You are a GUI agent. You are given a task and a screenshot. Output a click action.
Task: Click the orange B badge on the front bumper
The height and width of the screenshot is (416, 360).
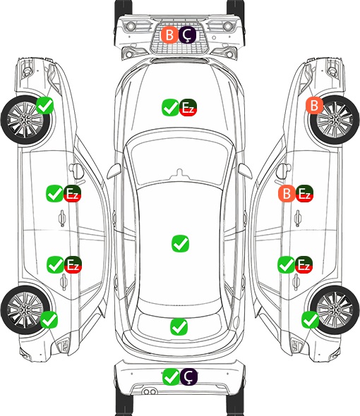(169, 35)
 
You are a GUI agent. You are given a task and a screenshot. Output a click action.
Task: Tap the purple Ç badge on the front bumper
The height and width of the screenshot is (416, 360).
(187, 35)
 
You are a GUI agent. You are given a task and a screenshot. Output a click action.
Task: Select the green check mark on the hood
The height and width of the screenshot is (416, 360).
(170, 107)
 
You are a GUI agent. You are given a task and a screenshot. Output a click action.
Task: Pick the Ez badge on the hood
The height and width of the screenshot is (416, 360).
(188, 107)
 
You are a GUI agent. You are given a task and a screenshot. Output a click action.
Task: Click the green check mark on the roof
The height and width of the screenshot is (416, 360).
(181, 243)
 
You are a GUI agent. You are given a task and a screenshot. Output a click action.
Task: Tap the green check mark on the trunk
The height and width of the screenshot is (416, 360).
(179, 326)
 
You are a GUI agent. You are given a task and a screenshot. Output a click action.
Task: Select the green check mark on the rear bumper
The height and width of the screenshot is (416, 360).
(171, 377)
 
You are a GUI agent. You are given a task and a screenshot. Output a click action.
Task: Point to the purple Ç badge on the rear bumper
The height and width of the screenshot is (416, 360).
(189, 377)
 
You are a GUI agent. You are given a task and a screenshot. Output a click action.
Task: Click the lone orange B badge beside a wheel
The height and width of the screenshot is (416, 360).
(314, 106)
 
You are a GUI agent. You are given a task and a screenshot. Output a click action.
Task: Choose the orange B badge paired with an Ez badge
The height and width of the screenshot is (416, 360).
(287, 194)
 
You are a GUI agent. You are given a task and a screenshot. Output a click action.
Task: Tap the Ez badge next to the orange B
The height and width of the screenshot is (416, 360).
(304, 194)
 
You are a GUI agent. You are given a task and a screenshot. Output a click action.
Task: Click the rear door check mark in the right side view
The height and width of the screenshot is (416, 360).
(286, 265)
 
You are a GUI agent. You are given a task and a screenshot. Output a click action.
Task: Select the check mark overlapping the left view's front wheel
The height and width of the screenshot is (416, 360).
(45, 106)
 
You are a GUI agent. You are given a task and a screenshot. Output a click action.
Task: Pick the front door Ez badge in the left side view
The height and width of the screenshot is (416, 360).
(72, 194)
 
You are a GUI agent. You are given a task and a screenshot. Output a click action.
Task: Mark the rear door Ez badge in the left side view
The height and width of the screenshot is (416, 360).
(73, 265)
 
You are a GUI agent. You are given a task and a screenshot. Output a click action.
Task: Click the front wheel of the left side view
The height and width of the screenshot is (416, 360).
(26, 120)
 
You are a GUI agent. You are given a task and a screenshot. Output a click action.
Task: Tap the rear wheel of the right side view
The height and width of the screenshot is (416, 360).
(335, 310)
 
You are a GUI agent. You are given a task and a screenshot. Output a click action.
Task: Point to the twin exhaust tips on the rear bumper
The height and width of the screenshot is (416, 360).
(150, 391)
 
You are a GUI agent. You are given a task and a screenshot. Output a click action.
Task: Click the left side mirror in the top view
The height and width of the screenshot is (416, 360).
(114, 171)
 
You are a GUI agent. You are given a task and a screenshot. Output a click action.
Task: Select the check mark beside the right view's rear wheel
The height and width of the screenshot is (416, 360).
(311, 319)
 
